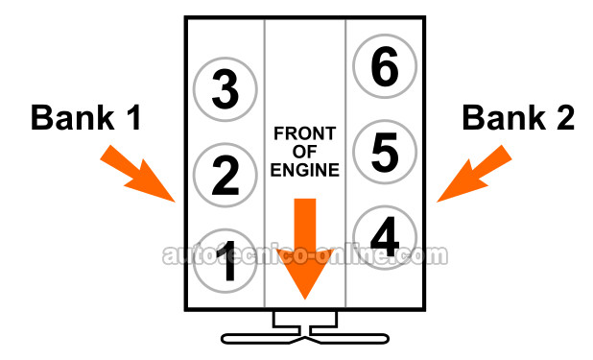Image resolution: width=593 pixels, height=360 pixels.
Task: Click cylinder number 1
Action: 225,261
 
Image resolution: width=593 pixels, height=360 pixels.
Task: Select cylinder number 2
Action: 225,176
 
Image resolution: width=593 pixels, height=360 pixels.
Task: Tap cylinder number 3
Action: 225,89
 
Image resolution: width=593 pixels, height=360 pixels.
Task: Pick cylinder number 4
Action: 385,237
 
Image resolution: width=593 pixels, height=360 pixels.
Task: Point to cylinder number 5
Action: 385,153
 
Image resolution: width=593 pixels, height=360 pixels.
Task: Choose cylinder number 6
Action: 385,66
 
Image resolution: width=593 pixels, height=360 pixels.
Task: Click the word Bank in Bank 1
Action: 73,117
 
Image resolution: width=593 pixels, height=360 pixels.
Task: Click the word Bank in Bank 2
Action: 504,117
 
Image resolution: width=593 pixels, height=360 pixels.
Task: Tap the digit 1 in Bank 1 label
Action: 133,118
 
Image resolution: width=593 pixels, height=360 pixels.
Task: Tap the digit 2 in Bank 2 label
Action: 565,118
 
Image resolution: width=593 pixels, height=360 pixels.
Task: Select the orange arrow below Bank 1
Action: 138,174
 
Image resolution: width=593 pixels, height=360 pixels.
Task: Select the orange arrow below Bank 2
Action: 474,174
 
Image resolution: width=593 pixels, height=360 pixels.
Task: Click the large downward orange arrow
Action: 305,249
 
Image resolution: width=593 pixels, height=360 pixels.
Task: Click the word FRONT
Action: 305,133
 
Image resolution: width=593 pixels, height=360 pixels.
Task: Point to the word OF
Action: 304,152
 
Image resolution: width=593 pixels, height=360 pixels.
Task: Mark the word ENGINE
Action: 305,170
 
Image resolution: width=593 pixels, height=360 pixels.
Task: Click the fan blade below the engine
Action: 305,339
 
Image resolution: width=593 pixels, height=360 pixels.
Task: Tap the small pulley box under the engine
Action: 305,319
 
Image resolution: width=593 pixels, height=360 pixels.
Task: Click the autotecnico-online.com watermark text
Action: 305,255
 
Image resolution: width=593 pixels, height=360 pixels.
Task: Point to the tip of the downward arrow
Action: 305,300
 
